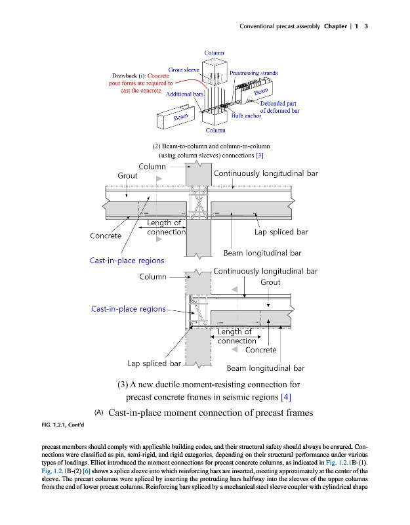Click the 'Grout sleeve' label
184,69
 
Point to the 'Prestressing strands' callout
253,73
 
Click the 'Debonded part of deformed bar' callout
280,108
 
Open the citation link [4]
285,397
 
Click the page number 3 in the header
366,26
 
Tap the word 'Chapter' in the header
335,26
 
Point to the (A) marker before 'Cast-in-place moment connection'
99,412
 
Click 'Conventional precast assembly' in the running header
280,26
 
